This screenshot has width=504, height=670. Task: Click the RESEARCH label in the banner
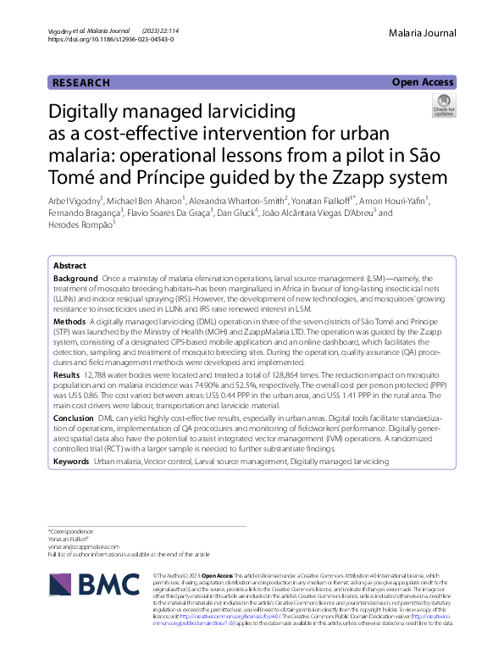tap(81, 83)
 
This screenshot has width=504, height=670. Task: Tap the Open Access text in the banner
tap(423, 82)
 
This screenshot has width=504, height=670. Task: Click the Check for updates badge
tap(443, 107)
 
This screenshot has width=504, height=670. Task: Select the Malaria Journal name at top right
tap(423, 33)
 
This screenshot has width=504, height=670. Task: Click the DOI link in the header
tap(111, 40)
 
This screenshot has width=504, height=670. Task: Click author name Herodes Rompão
tap(81, 224)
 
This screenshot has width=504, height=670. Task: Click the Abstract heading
tap(69, 265)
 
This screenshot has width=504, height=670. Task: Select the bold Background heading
tap(75, 279)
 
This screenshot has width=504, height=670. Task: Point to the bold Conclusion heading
tap(74, 418)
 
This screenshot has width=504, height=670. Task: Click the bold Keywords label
tap(71, 462)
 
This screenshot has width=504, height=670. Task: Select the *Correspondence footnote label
tap(70, 531)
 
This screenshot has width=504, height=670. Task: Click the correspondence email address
tap(85, 546)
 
